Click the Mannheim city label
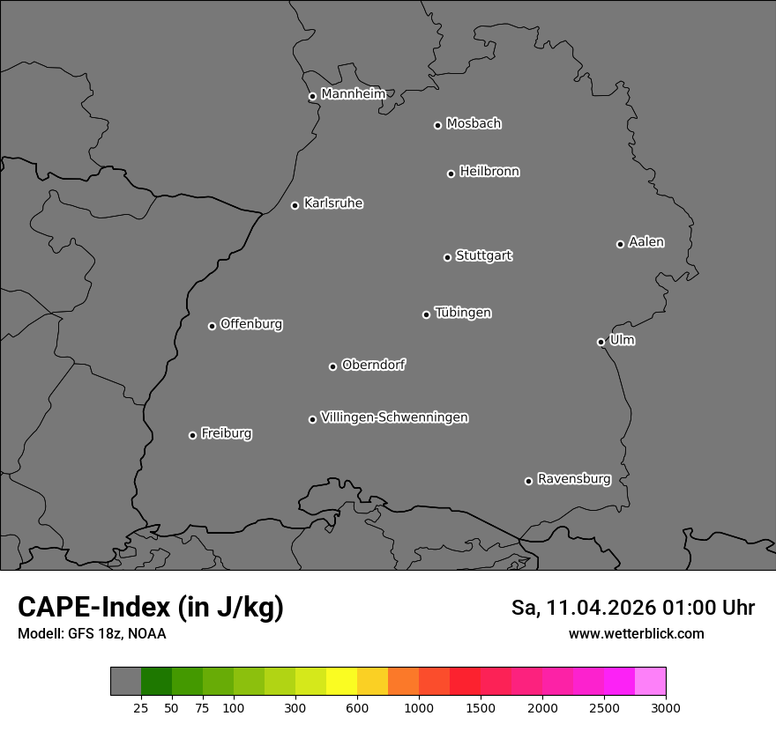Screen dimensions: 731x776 point(353,94)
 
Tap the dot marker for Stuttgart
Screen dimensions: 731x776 point(447,257)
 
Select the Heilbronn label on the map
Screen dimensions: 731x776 point(489,172)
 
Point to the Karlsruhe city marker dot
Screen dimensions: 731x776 point(295,205)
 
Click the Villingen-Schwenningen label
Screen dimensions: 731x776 point(394,417)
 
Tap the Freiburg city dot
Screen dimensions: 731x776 point(192,435)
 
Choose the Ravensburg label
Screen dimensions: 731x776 point(574,479)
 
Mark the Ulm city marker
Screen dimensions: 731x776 point(601,342)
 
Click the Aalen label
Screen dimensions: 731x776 point(646,242)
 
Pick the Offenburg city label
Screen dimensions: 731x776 point(251,324)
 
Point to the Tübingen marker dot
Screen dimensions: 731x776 point(426,314)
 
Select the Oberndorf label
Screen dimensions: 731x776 point(373,365)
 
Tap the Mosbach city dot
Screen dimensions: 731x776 point(437,125)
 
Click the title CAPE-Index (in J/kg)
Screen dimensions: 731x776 point(151,608)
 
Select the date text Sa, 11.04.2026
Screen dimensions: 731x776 point(585,609)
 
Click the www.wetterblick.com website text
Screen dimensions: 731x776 point(636,633)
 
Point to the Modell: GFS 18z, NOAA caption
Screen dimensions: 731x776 point(92,633)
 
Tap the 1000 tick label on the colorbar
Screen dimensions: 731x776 point(419,708)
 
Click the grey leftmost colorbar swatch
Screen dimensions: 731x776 point(125,682)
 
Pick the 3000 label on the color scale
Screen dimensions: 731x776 point(666,708)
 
